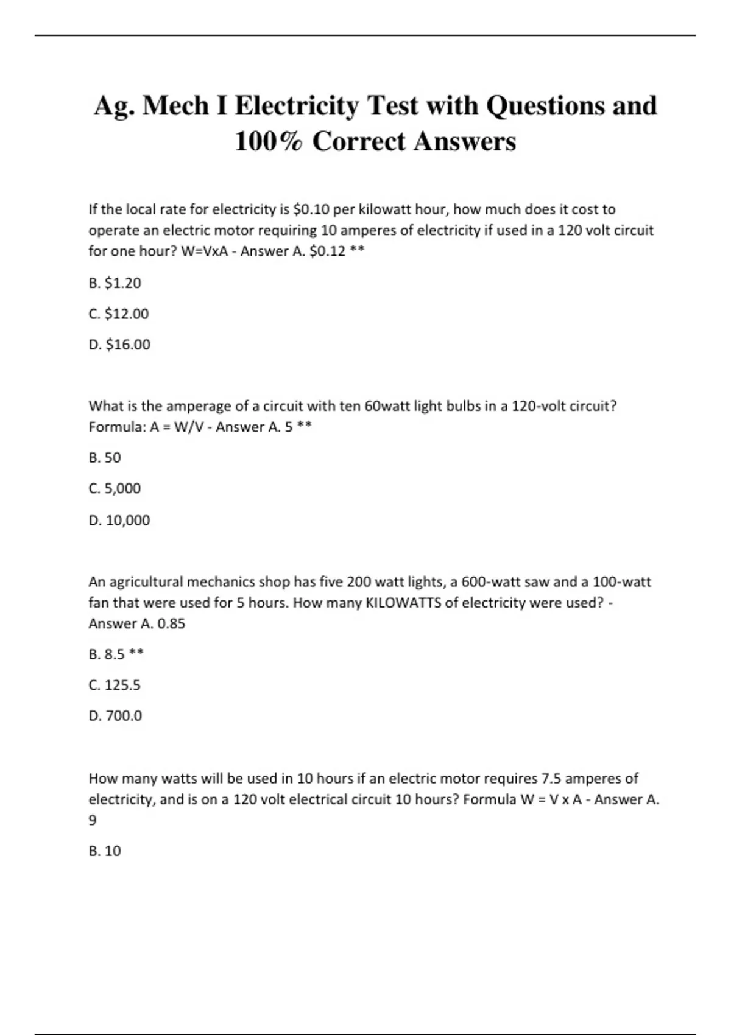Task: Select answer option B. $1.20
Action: point(115,283)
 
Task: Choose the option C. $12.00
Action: point(118,314)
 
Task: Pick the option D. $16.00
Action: point(119,345)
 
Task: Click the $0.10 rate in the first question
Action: point(311,209)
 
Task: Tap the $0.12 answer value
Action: point(327,251)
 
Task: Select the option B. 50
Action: point(105,458)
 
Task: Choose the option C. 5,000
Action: point(115,488)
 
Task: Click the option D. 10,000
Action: point(119,520)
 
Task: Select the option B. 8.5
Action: point(107,654)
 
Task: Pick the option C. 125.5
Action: point(115,685)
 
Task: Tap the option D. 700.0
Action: point(115,715)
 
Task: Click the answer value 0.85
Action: point(171,623)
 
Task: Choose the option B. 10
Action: point(105,851)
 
